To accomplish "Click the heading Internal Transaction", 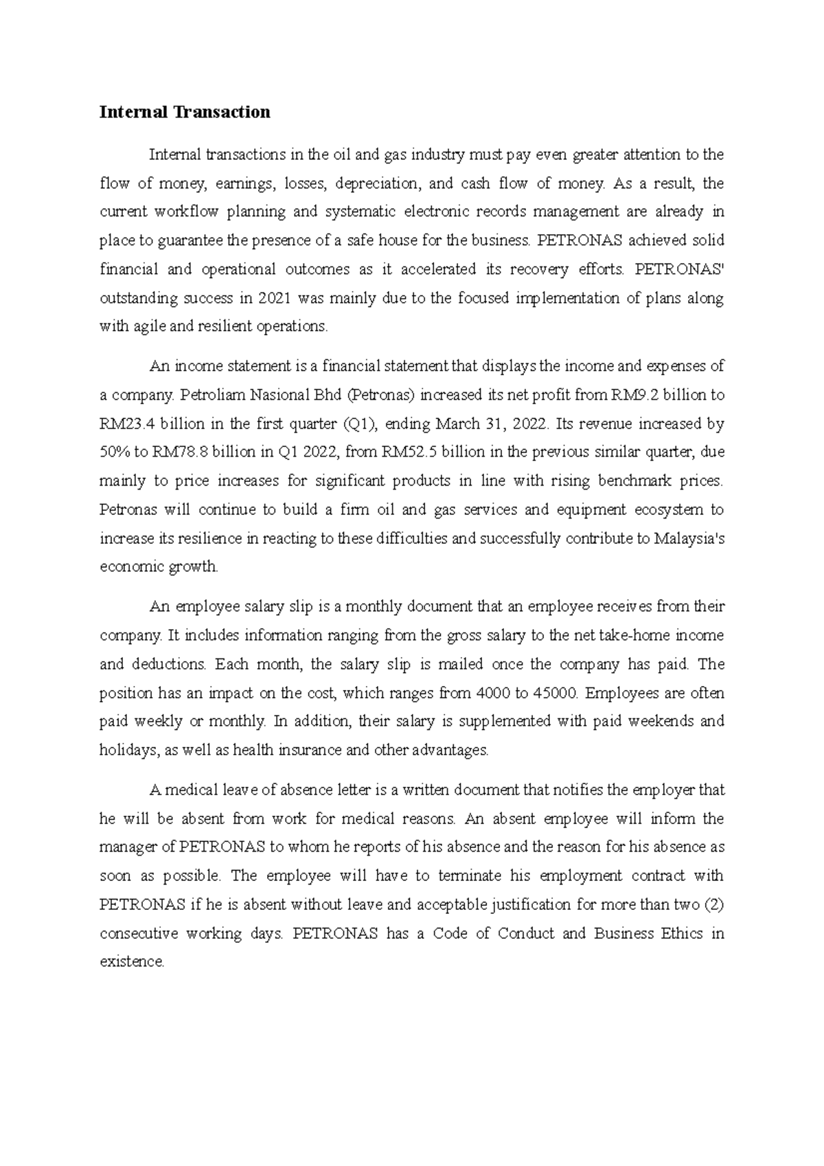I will [x=185, y=112].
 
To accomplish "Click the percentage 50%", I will [x=115, y=453].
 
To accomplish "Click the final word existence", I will [x=131, y=961].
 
